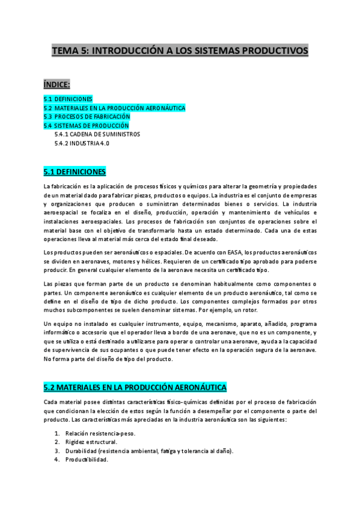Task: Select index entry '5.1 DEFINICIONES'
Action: click(68, 98)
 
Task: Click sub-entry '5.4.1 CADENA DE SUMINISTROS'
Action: click(97, 135)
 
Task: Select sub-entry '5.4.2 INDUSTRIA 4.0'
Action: click(82, 144)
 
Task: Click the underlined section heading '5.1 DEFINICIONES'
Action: click(75, 171)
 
